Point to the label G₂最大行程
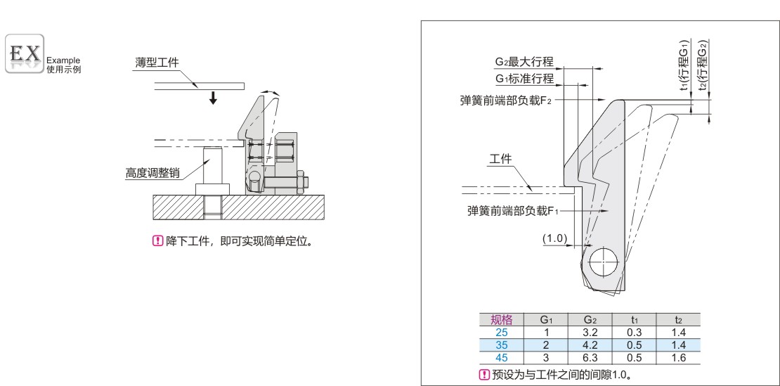point(524,61)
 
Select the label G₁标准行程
point(524,78)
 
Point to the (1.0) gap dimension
point(555,238)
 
